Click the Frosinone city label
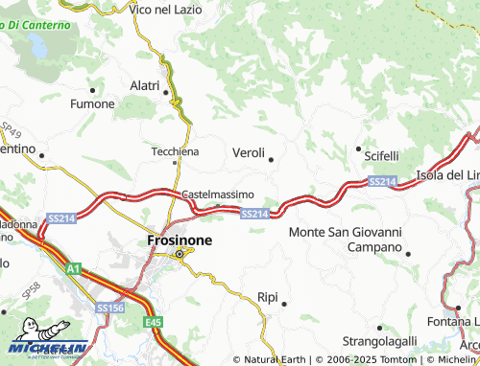179,240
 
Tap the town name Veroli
249,152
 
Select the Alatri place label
144,85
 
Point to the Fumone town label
93,103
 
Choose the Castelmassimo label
218,194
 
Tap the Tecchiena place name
176,151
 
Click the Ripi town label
268,297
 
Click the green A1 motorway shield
73,270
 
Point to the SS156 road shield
108,308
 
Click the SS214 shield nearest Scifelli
381,181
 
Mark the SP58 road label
32,287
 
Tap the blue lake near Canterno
38,44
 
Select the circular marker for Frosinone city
179,253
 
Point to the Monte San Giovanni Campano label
345,239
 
